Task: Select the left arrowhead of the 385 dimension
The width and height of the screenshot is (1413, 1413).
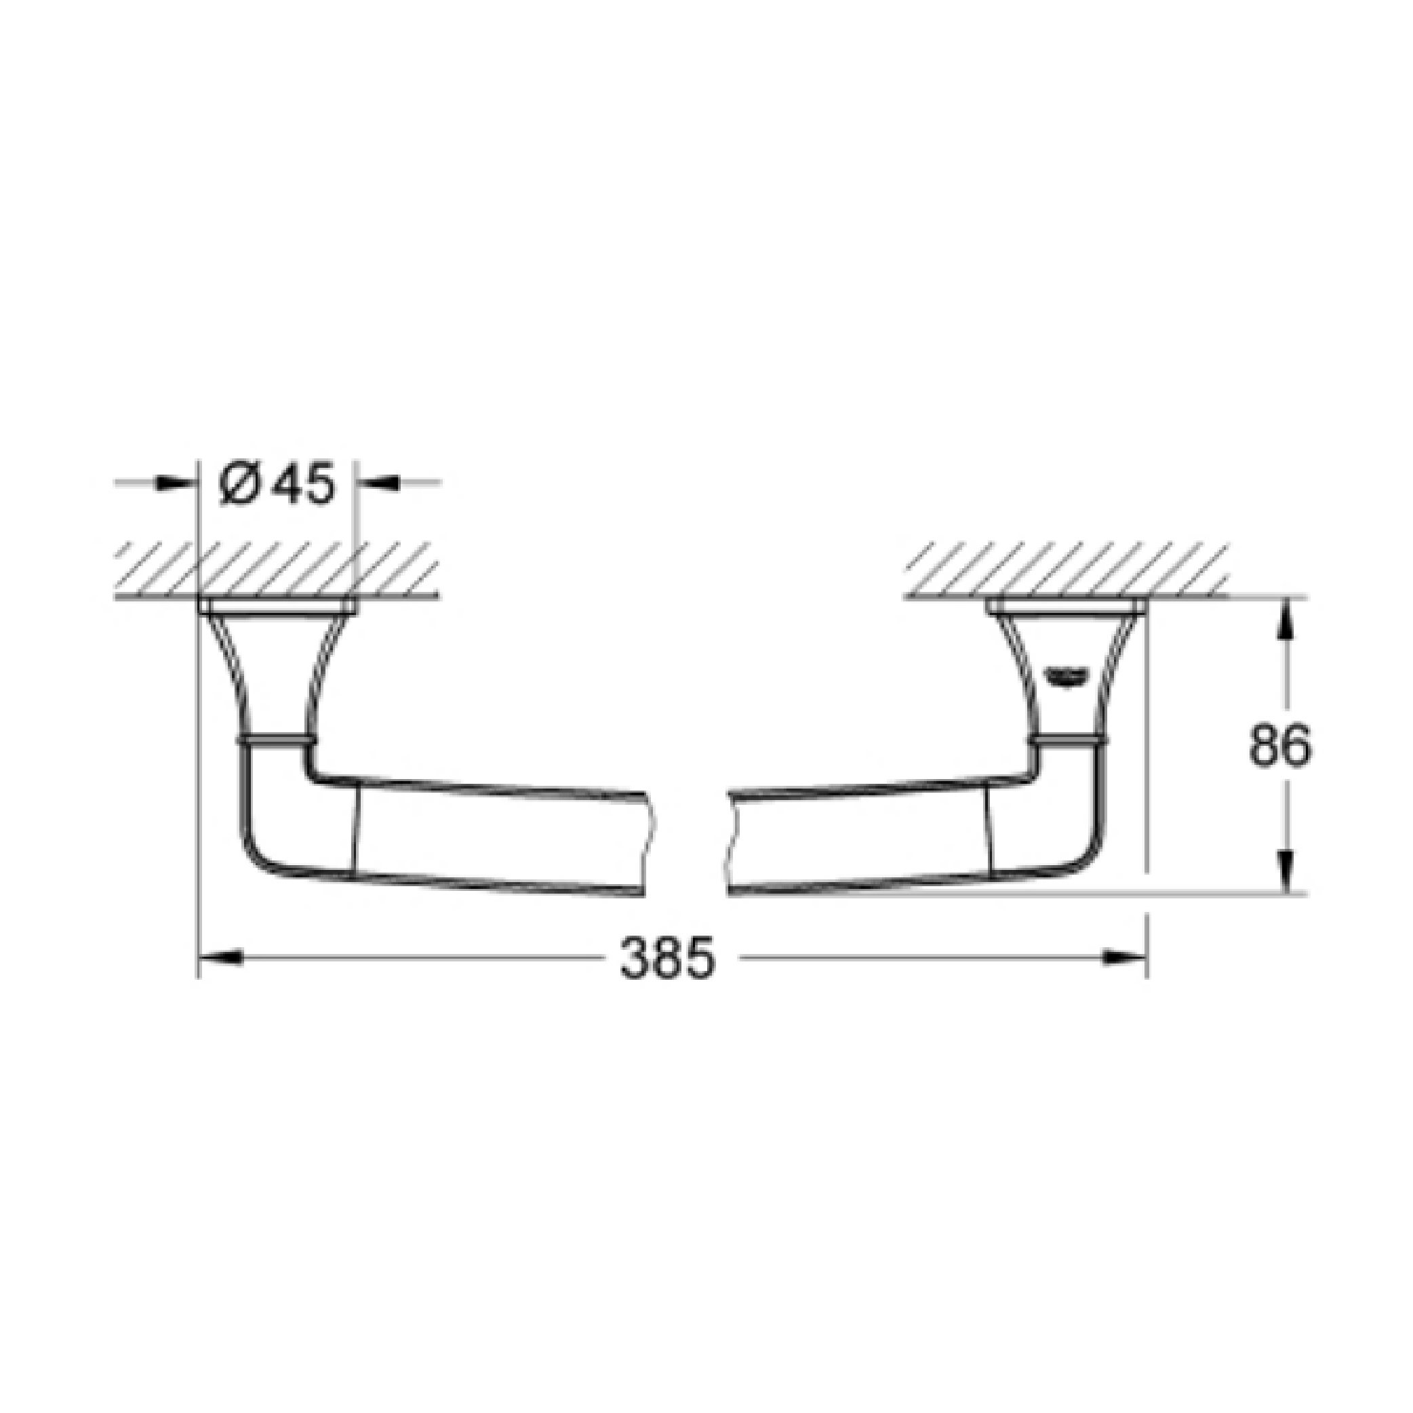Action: tap(220, 957)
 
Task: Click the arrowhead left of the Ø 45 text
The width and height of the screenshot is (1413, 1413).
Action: tap(178, 481)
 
